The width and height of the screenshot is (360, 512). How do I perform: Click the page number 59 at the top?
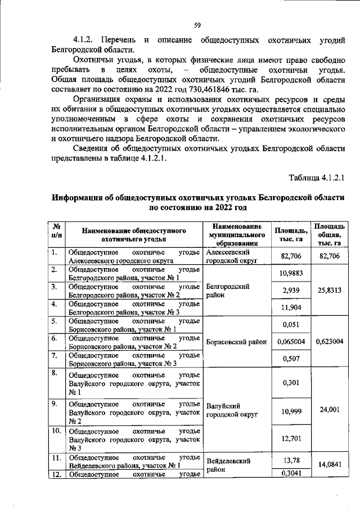coord(197,25)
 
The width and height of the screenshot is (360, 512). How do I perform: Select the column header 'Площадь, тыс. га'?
coord(290,234)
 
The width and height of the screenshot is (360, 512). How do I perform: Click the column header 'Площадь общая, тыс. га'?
coord(329,234)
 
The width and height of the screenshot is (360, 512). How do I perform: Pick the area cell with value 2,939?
coord(290,290)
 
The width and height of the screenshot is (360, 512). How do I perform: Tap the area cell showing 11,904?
coord(290,307)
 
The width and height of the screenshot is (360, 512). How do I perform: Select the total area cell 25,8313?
coord(329,290)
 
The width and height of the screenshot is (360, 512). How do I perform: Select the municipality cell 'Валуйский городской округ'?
coord(232,410)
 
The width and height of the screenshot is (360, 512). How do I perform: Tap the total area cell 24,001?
coord(329,410)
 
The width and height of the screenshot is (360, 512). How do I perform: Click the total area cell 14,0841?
coord(329,465)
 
